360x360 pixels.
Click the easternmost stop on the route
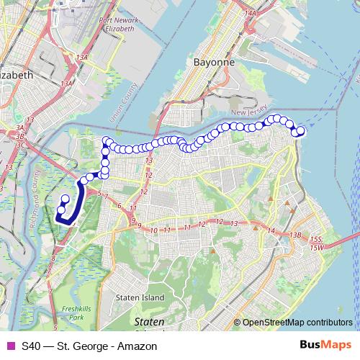tap(301, 130)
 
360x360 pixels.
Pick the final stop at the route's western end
tap(65, 199)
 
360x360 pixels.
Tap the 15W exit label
tap(317, 248)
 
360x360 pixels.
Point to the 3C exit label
tap(22, 144)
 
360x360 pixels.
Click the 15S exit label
tap(315, 239)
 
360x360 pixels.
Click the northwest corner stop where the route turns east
tap(107, 140)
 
